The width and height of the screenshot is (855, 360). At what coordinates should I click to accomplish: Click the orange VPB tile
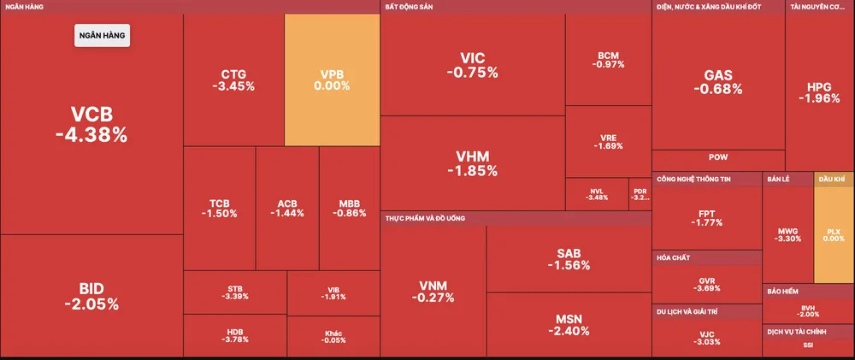332,80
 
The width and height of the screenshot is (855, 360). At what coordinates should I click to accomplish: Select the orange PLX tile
834,234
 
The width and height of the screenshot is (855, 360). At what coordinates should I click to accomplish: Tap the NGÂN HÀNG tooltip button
102,36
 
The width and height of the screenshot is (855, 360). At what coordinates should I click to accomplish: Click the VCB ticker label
91,115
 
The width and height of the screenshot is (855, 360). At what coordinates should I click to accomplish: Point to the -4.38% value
91,134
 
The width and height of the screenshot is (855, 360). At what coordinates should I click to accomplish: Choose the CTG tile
233,80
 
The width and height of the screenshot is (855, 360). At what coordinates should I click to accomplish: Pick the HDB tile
234,335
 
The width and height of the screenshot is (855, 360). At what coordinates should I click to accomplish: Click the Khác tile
333,335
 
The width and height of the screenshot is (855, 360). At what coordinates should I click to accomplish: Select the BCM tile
609,60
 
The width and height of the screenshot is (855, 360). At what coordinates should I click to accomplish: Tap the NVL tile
597,194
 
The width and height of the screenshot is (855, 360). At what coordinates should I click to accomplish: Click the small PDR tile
640,194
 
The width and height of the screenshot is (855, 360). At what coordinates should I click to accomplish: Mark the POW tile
718,157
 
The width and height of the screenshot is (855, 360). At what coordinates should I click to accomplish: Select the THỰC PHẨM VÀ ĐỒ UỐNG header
425,219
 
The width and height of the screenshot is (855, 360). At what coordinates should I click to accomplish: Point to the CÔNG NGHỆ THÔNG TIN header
693,180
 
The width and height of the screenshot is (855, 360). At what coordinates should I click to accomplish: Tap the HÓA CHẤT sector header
674,257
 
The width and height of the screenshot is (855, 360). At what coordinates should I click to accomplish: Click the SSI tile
808,345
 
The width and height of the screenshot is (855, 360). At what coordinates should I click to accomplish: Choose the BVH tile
808,310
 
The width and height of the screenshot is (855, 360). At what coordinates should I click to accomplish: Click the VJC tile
706,338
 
